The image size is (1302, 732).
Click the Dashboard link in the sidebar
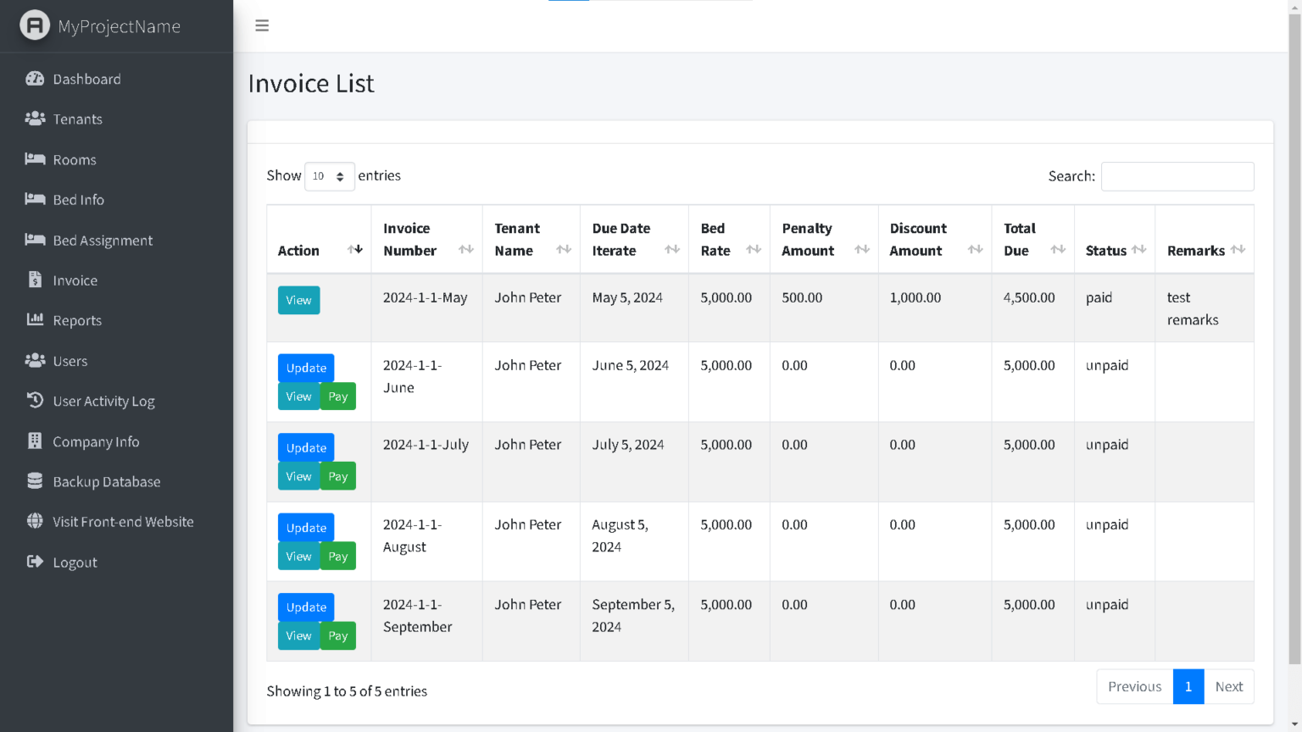coord(86,79)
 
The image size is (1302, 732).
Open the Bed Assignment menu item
coord(102,241)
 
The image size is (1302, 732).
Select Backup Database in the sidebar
coord(106,482)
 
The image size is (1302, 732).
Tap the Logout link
coord(75,563)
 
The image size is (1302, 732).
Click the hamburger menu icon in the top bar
coord(262,25)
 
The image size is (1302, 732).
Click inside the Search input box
coord(1177,176)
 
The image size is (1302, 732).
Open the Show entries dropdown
coord(329,176)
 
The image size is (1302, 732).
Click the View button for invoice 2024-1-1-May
coord(298,301)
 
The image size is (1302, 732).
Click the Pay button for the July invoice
coord(338,476)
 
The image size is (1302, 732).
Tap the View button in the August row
coord(298,557)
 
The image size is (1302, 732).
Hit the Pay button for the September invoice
coord(338,636)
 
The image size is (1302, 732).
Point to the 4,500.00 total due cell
coord(1029,298)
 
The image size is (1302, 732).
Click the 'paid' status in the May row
coord(1099,298)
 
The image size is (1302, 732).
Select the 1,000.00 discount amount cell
coord(915,298)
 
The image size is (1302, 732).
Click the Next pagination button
coord(1228,687)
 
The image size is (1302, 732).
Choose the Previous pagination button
coord(1134,687)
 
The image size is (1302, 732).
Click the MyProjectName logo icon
coord(35,25)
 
